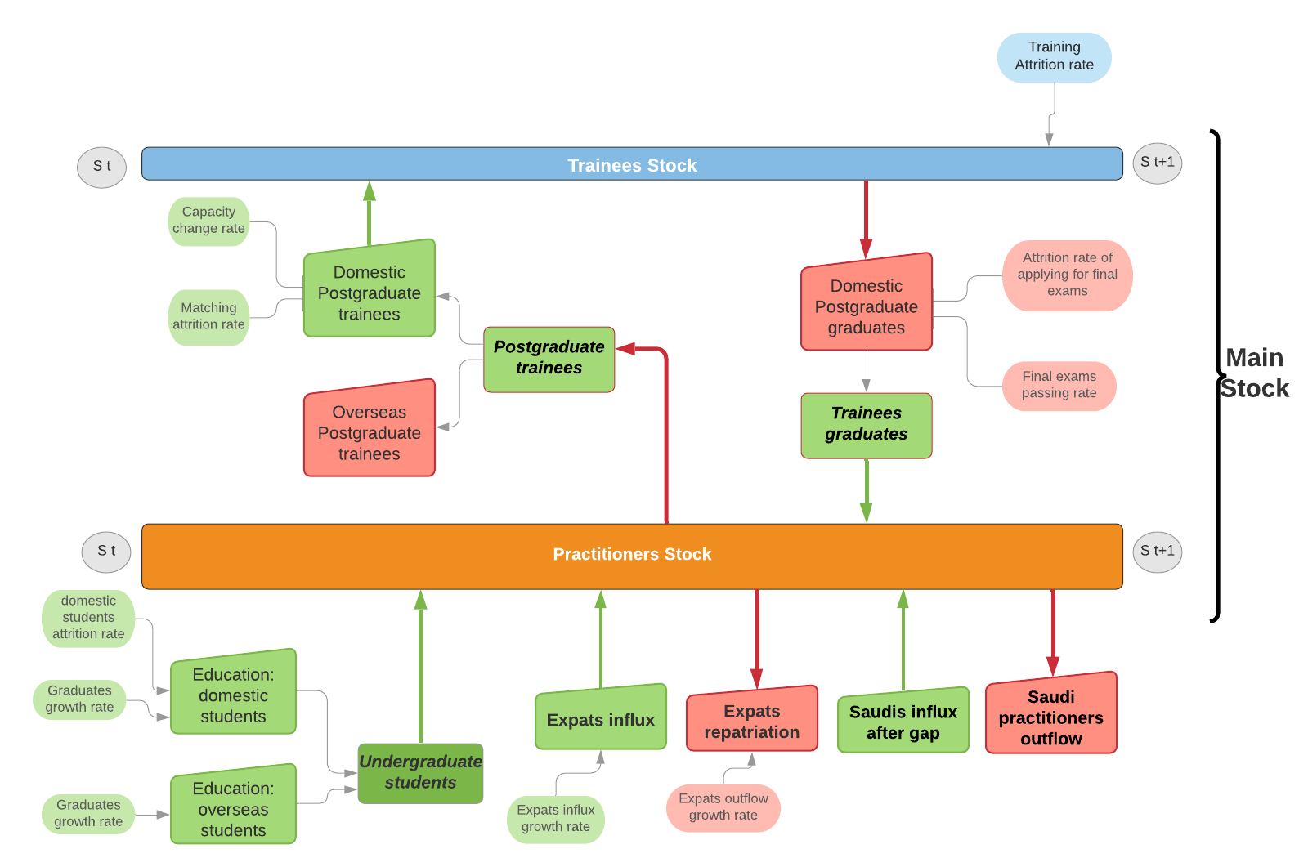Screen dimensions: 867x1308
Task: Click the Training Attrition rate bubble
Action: pos(1054,57)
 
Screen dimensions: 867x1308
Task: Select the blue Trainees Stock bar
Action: pos(631,164)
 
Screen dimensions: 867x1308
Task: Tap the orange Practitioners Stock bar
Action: pos(631,556)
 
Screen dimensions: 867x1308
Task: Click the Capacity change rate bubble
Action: pos(208,221)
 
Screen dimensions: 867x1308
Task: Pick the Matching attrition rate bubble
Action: pos(208,317)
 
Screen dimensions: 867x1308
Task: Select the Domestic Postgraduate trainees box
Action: pos(369,293)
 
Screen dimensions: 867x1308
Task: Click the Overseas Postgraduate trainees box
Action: pos(369,432)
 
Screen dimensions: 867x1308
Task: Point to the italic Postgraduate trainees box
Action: pos(549,358)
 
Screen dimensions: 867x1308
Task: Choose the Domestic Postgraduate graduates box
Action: pos(866,306)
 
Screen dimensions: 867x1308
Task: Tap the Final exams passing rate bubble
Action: pos(1059,385)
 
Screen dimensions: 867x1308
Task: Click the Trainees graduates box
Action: pos(866,424)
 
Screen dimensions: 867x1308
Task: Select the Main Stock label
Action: pos(1254,373)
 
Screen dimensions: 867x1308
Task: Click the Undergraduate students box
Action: pos(420,772)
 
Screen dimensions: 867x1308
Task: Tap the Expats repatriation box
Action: pos(751,722)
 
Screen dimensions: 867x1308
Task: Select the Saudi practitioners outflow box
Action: pos(1050,717)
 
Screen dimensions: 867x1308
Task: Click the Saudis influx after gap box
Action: pos(903,722)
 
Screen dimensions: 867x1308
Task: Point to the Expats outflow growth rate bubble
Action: pos(723,807)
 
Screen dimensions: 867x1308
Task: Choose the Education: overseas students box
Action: pos(233,808)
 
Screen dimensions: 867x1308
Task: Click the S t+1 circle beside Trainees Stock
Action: pos(1157,163)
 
